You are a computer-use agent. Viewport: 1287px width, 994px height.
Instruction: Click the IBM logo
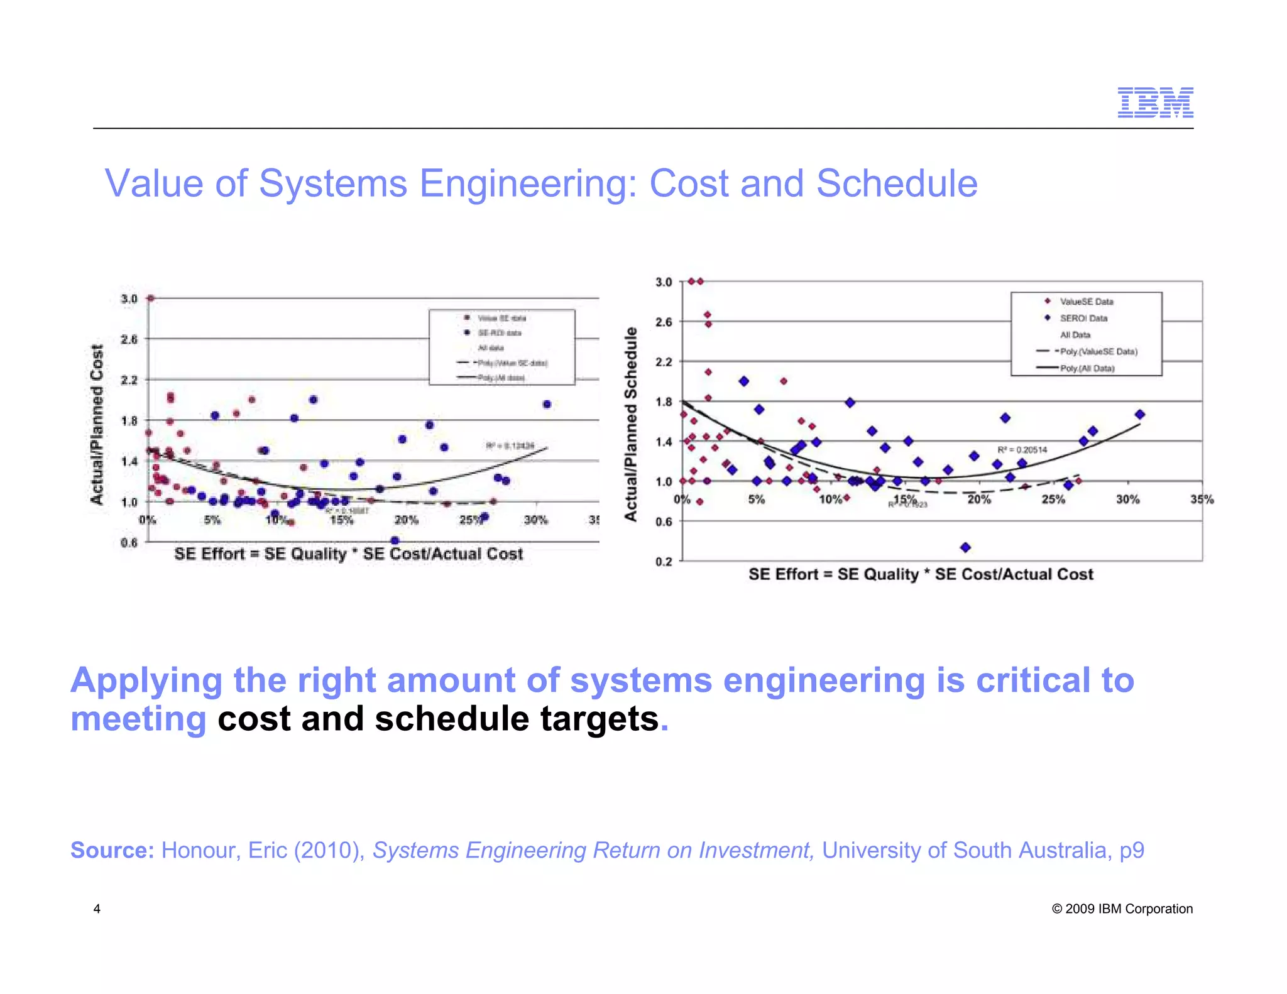pos(1155,102)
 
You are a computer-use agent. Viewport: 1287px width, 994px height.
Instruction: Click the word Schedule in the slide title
pos(897,183)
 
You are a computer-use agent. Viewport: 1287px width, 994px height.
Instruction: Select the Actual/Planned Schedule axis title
pos(630,424)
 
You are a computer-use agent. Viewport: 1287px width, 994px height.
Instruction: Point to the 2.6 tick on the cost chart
pos(129,339)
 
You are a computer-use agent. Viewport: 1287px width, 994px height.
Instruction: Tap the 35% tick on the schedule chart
pos(1202,500)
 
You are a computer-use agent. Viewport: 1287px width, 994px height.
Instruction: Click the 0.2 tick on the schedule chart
pos(664,561)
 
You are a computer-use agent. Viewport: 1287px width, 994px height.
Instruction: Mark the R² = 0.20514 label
pos(1022,450)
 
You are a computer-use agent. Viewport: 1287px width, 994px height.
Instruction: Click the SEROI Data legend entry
pos(1083,318)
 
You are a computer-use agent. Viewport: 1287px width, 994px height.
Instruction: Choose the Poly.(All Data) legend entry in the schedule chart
pos(1087,368)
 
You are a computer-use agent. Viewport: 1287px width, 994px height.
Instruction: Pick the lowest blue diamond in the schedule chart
pos(966,547)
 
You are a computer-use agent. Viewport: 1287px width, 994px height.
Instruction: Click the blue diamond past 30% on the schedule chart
pos(1140,414)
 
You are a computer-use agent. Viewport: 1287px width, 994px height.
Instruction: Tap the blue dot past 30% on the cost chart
pos(547,404)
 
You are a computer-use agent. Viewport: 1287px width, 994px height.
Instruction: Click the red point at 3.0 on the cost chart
pos(151,298)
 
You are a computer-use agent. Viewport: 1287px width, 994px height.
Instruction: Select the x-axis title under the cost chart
pos(348,554)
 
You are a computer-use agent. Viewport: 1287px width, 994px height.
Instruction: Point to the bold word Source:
pos(112,850)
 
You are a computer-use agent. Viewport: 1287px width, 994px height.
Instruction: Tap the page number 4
pos(97,909)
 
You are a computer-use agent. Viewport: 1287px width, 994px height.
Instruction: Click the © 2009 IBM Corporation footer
pos(1122,909)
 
